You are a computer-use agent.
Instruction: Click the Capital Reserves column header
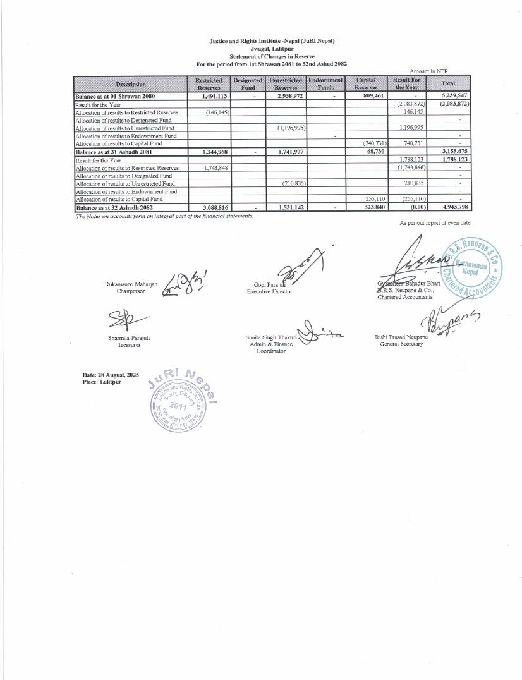(367, 84)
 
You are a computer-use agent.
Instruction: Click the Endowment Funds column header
(325, 84)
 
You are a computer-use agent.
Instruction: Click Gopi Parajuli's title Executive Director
(270, 292)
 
